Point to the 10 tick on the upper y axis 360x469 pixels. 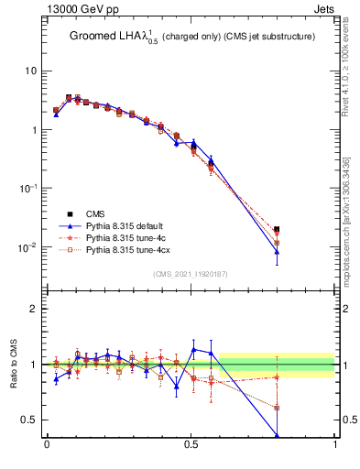tap(31, 71)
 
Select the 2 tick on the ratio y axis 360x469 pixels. tap(37, 309)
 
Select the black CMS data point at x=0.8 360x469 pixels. tap(277, 230)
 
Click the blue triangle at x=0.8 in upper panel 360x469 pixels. tap(277, 251)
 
